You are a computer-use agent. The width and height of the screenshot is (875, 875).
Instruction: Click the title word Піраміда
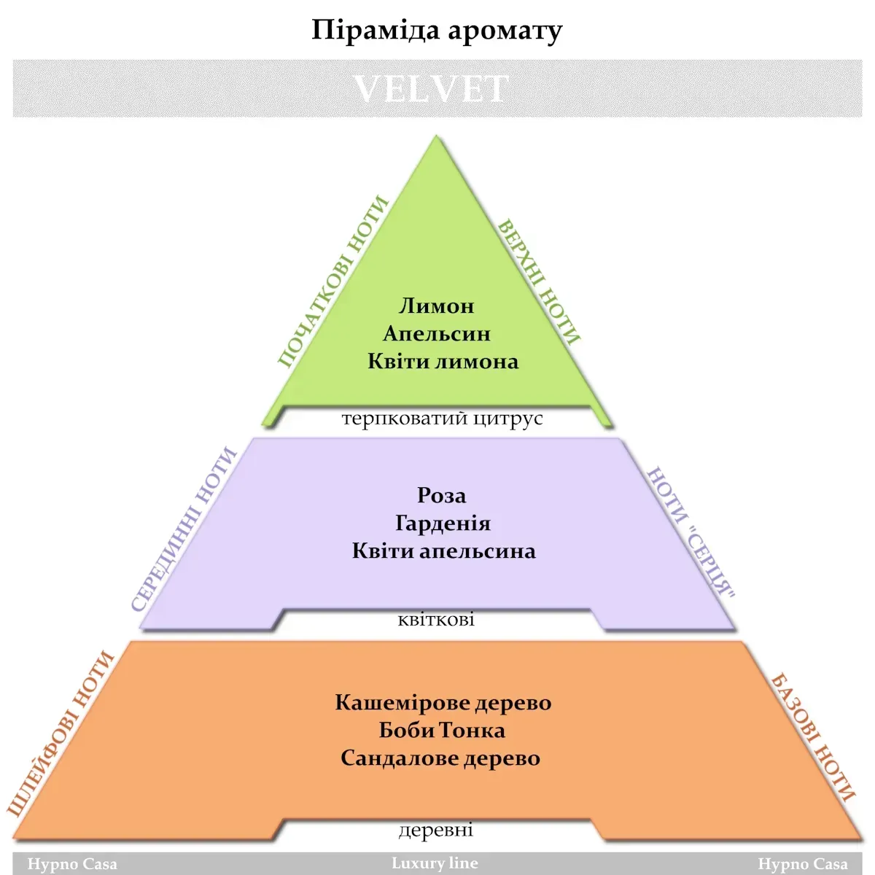tap(376, 31)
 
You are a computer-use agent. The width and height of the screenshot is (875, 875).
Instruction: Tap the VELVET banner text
tap(431, 89)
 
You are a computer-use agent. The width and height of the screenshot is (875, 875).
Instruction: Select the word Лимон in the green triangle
tap(436, 306)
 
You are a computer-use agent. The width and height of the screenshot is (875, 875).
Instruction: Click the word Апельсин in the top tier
tap(436, 334)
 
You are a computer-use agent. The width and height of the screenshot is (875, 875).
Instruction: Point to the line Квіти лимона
tap(443, 362)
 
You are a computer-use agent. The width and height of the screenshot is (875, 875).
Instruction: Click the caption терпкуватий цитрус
tap(442, 419)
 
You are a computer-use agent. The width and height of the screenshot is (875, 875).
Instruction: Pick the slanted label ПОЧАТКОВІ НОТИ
tap(332, 281)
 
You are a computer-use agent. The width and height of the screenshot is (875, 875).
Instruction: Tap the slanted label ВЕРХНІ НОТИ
tap(539, 282)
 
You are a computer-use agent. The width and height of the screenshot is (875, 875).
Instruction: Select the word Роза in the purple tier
tap(441, 495)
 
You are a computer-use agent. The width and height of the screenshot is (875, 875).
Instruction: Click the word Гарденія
tap(443, 523)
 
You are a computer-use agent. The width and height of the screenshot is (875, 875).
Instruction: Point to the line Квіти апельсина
tap(443, 551)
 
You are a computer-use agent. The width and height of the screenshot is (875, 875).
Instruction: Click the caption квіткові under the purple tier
tap(436, 620)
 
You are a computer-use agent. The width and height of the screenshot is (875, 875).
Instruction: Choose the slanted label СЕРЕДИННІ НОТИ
tap(184, 529)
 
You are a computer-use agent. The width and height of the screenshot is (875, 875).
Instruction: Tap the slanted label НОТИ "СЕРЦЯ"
tap(691, 532)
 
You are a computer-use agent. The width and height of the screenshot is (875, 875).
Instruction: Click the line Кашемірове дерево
tap(443, 703)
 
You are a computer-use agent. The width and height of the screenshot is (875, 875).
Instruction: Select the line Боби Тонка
tap(442, 731)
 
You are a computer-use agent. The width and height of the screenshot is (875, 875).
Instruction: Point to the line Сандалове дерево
tap(440, 758)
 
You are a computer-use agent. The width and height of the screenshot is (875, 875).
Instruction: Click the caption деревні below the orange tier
tap(436, 830)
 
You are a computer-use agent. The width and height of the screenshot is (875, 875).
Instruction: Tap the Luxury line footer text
tap(435, 863)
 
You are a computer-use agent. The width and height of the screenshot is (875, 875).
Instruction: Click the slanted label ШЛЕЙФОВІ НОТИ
tap(61, 734)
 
